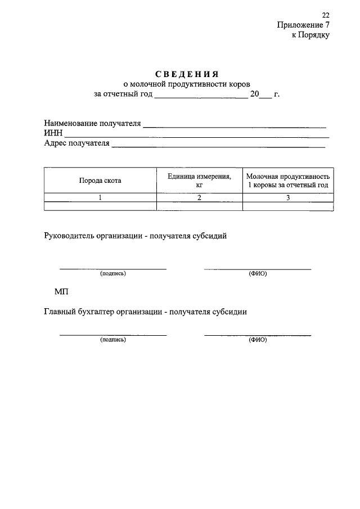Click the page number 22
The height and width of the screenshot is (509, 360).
[326, 15]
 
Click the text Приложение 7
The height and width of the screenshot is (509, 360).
[303, 25]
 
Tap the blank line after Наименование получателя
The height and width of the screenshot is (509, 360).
[235, 125]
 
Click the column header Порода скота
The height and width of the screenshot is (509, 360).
[100, 181]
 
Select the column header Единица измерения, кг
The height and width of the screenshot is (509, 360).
[199, 180]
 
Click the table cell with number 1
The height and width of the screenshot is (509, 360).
[100, 197]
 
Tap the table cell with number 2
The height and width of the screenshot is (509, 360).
[199, 197]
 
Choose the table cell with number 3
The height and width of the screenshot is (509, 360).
[287, 197]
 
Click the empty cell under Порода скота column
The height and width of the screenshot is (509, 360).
[100, 206]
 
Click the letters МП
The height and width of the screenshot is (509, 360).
[61, 291]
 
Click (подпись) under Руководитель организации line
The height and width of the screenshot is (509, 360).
[113, 274]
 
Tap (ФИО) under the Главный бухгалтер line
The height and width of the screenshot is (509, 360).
[257, 340]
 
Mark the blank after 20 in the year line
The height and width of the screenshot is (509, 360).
[266, 96]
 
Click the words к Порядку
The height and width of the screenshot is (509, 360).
[310, 35]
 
